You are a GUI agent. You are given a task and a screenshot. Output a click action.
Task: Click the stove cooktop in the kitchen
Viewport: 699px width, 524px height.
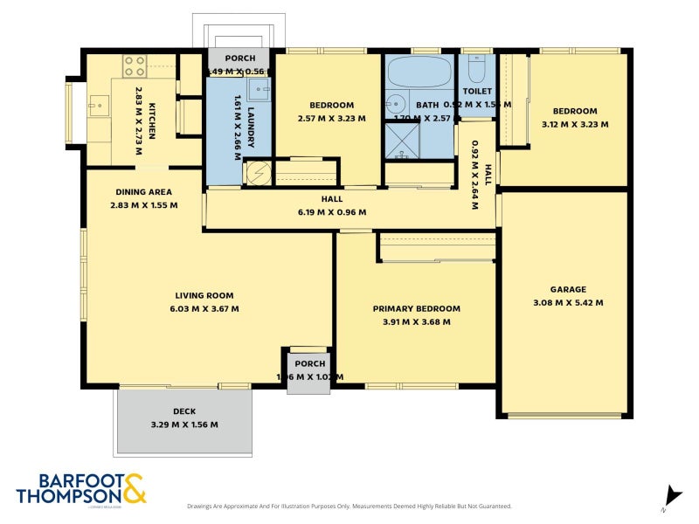point(135,65)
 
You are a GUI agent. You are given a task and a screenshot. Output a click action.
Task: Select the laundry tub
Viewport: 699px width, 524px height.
point(259,88)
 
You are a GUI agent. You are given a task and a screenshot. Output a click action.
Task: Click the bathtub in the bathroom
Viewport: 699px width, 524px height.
point(419,71)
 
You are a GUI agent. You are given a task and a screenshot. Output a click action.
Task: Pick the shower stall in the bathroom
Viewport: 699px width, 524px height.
point(403,141)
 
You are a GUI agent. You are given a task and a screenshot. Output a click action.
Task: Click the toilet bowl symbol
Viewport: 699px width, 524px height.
point(476,68)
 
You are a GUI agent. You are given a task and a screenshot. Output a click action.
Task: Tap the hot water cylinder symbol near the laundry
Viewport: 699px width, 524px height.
point(257,173)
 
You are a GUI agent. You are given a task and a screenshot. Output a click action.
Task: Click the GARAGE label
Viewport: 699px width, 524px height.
point(568,290)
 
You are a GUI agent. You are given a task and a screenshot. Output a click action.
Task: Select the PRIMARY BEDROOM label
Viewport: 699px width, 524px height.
point(416,309)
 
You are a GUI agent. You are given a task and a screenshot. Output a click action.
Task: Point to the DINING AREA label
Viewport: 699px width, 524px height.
point(144,192)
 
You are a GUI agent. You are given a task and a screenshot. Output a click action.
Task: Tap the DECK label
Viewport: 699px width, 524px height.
point(184,411)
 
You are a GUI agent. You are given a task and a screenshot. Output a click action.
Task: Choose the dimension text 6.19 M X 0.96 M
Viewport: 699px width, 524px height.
point(331,212)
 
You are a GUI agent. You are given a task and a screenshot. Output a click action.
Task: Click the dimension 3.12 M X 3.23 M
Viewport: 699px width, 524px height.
point(574,124)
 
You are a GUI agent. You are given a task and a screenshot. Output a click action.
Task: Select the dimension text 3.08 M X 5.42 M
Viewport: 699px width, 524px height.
point(568,303)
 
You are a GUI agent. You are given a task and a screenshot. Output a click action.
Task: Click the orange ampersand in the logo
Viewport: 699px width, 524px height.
point(134,488)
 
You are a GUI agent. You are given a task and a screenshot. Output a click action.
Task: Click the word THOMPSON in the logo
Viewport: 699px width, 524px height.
point(68,495)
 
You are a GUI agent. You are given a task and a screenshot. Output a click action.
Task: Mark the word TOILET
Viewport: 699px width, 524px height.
point(477,91)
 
